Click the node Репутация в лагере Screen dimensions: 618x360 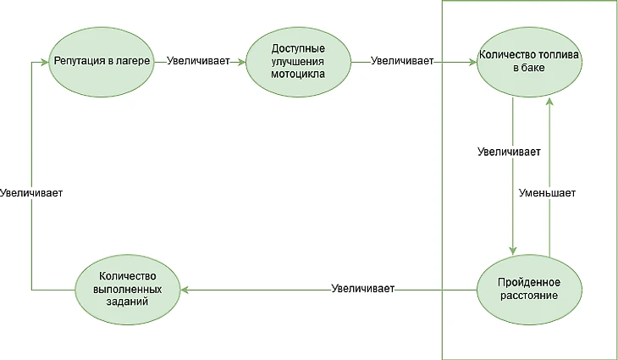tap(102, 62)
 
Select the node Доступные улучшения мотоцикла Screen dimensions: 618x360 tap(298, 62)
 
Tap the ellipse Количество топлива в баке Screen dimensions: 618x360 tap(529, 62)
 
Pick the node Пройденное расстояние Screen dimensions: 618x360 tap(529, 290)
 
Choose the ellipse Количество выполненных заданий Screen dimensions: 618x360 tap(128, 290)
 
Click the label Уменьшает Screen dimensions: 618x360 tap(547, 193)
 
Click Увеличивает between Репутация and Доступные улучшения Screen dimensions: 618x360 tap(198, 61)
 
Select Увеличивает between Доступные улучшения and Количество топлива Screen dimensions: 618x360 tap(402, 61)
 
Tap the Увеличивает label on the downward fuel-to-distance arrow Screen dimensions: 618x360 tap(509, 152)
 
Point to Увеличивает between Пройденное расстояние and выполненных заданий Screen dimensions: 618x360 tap(362, 289)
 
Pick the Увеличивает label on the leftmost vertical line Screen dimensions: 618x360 tap(31, 193)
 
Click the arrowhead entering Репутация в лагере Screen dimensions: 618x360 tap(45, 62)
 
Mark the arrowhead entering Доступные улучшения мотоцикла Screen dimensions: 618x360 tap(241, 62)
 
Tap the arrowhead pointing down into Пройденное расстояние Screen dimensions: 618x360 tap(512, 251)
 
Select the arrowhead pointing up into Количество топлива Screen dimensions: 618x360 tap(549, 102)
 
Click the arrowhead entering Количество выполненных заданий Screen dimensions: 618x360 tap(185, 290)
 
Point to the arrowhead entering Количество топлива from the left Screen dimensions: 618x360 tap(472, 62)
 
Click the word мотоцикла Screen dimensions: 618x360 tap(298, 75)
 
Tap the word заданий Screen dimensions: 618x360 tap(127, 302)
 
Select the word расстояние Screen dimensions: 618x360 tap(529, 296)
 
